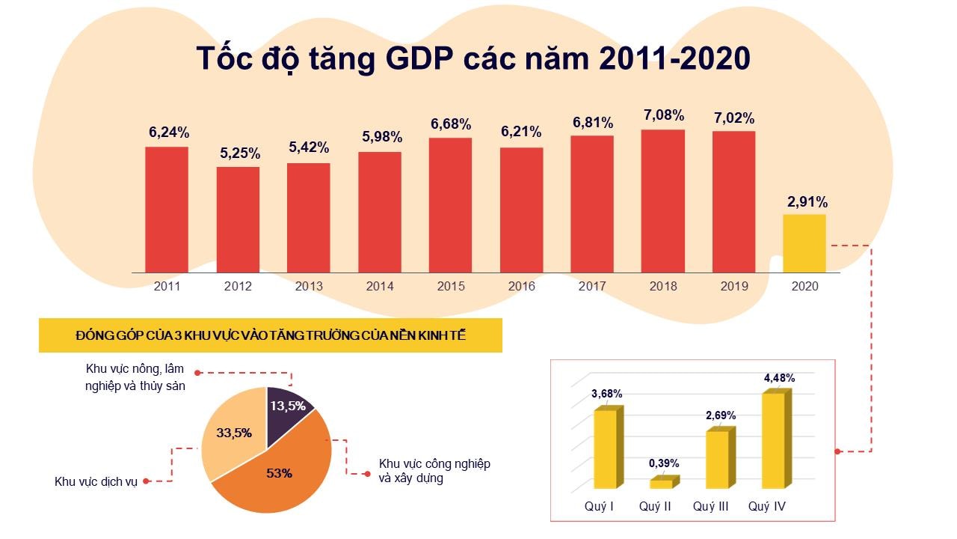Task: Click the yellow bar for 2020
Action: [x=804, y=243]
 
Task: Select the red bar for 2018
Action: [x=662, y=201]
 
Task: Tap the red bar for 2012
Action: [x=239, y=219]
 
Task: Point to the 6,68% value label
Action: [x=450, y=124]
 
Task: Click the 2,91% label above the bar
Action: [x=807, y=202]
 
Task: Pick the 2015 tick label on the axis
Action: [x=450, y=286]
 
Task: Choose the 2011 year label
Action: [x=167, y=286]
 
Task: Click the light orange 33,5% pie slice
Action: [x=232, y=434]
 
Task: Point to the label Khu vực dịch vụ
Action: [x=96, y=481]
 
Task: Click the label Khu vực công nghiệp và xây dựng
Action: [x=434, y=471]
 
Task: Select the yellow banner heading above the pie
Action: [x=270, y=336]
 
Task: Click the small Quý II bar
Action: [x=661, y=484]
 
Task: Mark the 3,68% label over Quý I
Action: [x=606, y=394]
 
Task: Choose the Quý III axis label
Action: [x=710, y=507]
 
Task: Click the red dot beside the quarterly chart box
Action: [x=837, y=451]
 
